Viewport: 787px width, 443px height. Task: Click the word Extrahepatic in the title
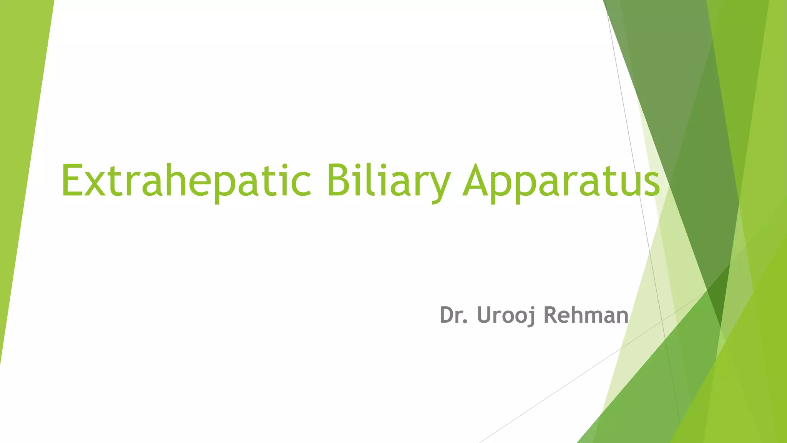tap(186, 181)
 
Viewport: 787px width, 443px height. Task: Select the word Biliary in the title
tap(388, 181)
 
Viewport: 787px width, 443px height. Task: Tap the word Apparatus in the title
tap(561, 181)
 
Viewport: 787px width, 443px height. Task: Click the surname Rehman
tap(586, 315)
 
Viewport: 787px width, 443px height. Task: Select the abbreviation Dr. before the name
tap(453, 315)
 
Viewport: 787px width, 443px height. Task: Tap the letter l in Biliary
tap(368, 180)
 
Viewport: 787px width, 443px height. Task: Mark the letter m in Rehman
tap(594, 317)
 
